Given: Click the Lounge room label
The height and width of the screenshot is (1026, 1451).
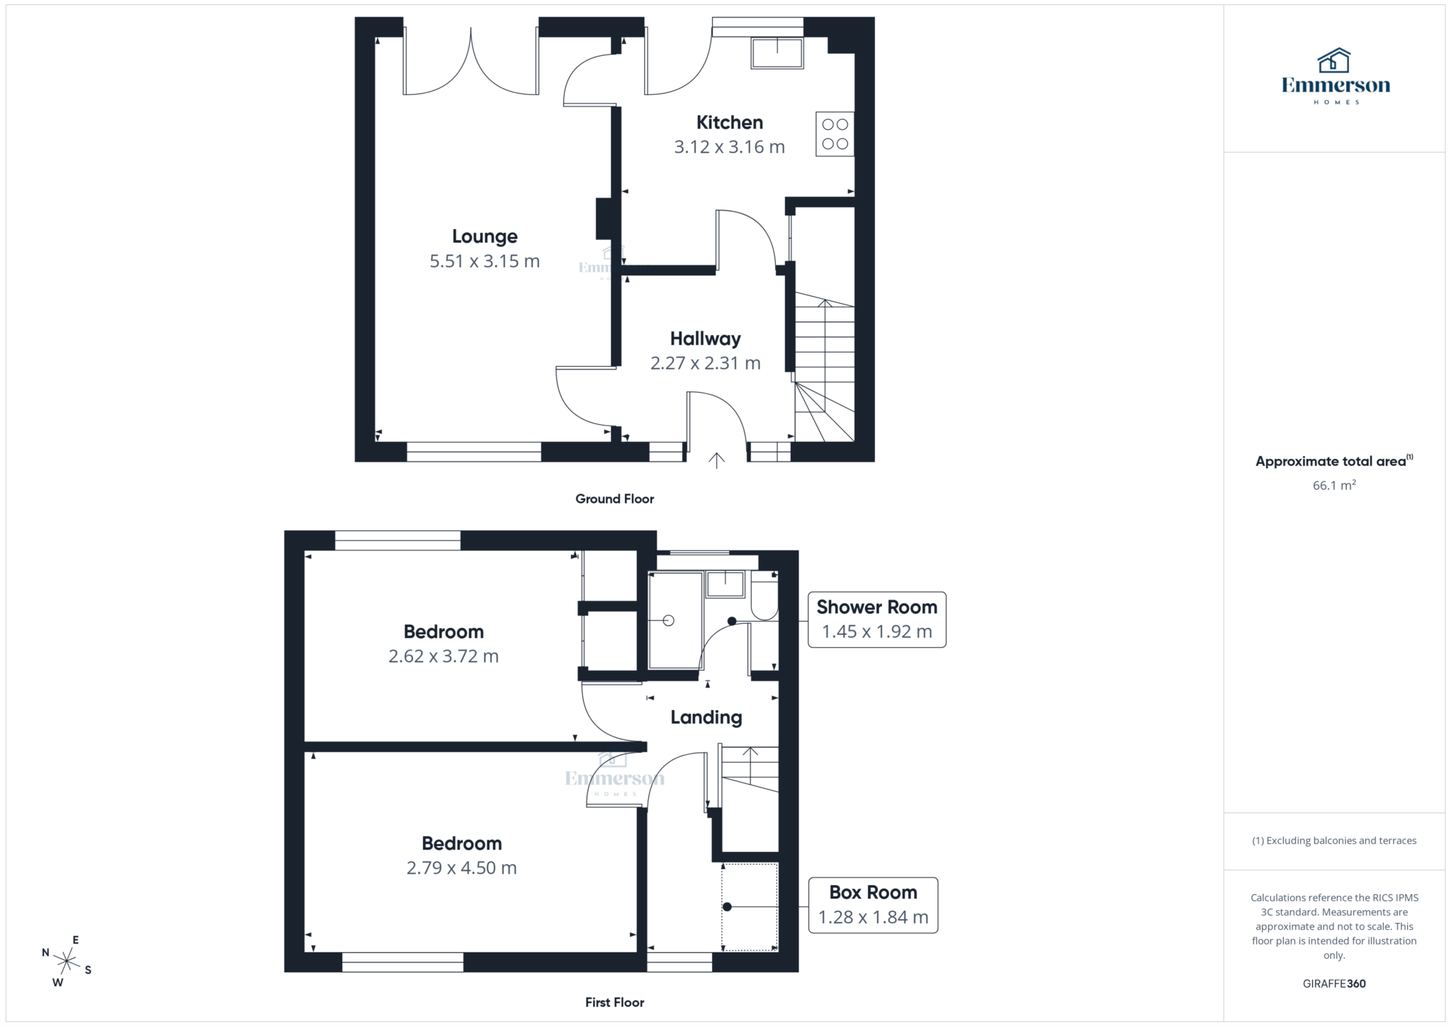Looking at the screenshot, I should [485, 236].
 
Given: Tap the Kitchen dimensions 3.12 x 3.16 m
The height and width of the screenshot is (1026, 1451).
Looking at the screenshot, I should [729, 147].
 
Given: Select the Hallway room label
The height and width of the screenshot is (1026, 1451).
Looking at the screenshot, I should [705, 339].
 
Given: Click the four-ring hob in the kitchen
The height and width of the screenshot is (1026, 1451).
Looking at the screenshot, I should [835, 134].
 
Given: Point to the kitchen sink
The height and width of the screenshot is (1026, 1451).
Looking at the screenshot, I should [777, 53].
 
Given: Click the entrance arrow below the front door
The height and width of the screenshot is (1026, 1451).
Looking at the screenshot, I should [716, 461].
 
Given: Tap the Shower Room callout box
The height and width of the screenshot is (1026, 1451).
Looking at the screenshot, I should [876, 620].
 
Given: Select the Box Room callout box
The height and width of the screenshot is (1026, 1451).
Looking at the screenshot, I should [873, 905].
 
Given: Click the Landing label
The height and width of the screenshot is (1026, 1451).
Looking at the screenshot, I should [706, 717].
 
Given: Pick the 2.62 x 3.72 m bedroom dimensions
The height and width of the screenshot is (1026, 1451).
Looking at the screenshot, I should [444, 656].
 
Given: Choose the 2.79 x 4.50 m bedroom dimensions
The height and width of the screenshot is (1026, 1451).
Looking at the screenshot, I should [461, 868].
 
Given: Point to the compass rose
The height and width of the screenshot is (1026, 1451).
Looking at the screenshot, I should [67, 961].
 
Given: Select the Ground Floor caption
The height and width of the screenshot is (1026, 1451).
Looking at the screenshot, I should [614, 499].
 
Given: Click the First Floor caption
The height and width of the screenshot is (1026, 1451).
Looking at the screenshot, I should [614, 1002].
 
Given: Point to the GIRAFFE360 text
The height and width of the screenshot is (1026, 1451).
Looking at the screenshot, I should [1334, 984].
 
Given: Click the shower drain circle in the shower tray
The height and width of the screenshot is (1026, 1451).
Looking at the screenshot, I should [668, 621].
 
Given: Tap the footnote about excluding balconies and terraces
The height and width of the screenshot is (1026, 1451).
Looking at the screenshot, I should [1334, 840].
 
